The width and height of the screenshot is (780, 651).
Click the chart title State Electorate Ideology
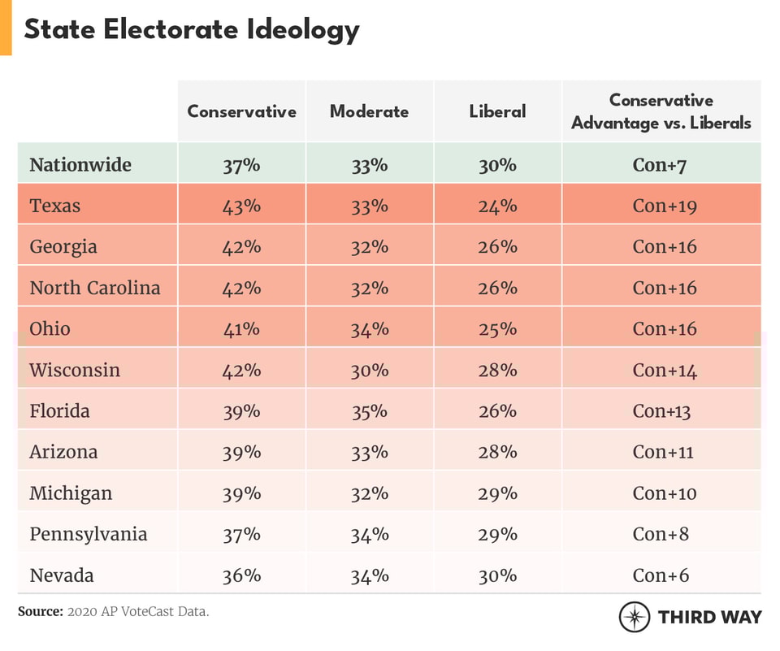(191, 30)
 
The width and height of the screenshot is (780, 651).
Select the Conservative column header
(241, 111)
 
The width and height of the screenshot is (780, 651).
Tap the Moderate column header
(369, 111)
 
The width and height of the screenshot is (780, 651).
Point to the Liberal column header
(497, 111)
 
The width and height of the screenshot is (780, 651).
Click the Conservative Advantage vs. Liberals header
(661, 111)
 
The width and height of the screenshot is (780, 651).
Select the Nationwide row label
(80, 165)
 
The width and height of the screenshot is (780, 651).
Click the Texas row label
(55, 206)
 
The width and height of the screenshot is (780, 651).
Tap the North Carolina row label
(95, 288)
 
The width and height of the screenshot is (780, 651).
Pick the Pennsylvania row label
(89, 534)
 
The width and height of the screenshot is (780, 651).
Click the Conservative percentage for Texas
(241, 206)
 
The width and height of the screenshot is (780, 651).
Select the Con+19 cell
(664, 206)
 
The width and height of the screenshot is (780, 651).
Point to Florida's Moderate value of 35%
(369, 411)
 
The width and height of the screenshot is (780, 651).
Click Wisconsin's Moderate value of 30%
(369, 370)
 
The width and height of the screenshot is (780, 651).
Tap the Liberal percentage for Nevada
(497, 575)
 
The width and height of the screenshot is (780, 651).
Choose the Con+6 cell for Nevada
(661, 575)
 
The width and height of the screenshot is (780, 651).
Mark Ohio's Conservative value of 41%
(241, 329)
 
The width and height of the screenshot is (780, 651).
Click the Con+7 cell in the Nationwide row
(661, 165)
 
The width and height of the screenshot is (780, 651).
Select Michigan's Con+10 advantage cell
(664, 493)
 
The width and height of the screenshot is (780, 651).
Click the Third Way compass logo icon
(634, 617)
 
